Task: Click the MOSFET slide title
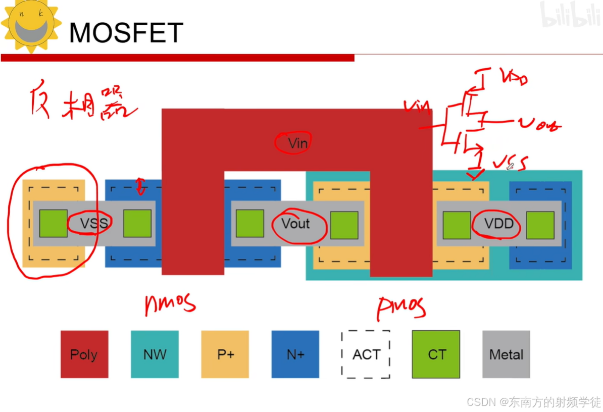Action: pos(126,33)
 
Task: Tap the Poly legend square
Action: pos(84,354)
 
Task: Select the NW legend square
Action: pos(155,354)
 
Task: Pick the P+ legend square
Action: pos(225,354)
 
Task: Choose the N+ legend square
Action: pos(295,354)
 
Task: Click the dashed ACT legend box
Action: pos(366,354)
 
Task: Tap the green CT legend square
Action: pos(436,354)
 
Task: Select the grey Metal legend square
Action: pos(506,354)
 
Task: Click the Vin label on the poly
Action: pos(297,143)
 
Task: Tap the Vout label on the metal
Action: pos(295,223)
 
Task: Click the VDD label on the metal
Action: pos(499,223)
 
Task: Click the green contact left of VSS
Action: pos(54,224)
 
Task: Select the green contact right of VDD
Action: pos(540,225)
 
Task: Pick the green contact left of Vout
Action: pos(249,224)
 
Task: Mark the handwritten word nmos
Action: pos(170,303)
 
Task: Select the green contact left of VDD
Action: pos(457,225)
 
